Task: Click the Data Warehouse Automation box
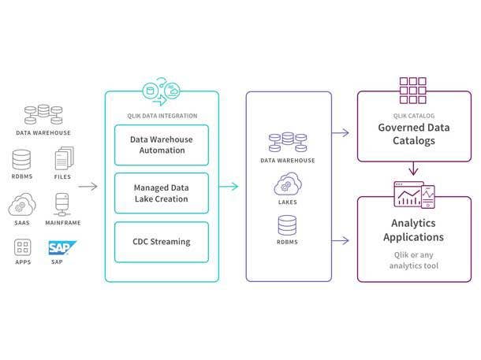[x=162, y=145]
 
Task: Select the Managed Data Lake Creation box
[x=162, y=193]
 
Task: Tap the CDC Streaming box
[x=162, y=242]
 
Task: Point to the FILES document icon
[x=62, y=160]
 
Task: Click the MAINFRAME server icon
[x=62, y=204]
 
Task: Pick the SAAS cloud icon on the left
[x=21, y=205]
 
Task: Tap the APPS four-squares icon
[x=21, y=248]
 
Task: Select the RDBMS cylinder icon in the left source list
[x=21, y=160]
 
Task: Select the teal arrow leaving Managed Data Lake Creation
[x=228, y=187]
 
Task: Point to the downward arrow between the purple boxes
[x=412, y=169]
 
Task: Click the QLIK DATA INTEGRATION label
[x=161, y=114]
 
